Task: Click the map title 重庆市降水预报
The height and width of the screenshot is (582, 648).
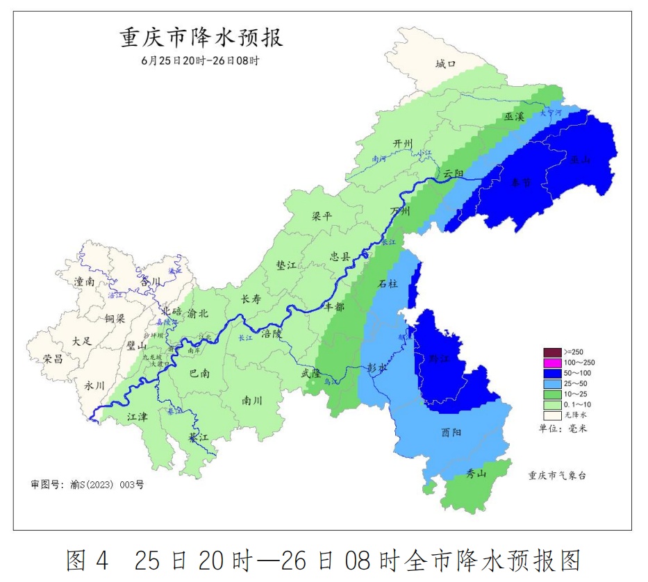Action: coord(201,37)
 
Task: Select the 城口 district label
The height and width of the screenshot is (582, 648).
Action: coord(445,64)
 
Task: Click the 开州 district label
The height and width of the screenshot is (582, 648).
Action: coord(403,143)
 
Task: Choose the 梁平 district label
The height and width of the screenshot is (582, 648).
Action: coord(322,216)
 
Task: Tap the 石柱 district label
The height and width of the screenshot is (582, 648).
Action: coord(388,284)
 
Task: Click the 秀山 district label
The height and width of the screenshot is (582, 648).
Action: coord(476,474)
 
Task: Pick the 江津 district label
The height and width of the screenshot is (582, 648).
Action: coord(138,417)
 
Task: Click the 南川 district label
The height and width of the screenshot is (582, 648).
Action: coord(251,401)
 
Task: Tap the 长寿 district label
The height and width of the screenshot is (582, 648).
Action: coord(251,299)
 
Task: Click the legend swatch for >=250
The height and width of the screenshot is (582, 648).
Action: coord(552,352)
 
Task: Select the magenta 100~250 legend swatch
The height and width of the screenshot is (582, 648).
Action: coord(552,363)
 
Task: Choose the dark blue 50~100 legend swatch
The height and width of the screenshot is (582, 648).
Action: coord(552,373)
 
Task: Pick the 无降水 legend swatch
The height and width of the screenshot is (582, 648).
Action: coord(552,415)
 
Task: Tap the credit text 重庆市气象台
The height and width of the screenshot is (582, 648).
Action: coord(557,476)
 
